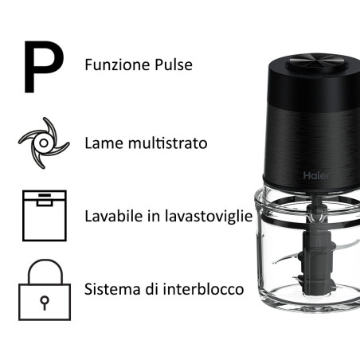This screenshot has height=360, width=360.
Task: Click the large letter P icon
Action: pyautogui.click(x=42, y=66)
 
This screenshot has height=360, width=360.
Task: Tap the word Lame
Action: pyautogui.click(x=102, y=144)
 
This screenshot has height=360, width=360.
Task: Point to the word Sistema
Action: pyautogui.click(x=111, y=288)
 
